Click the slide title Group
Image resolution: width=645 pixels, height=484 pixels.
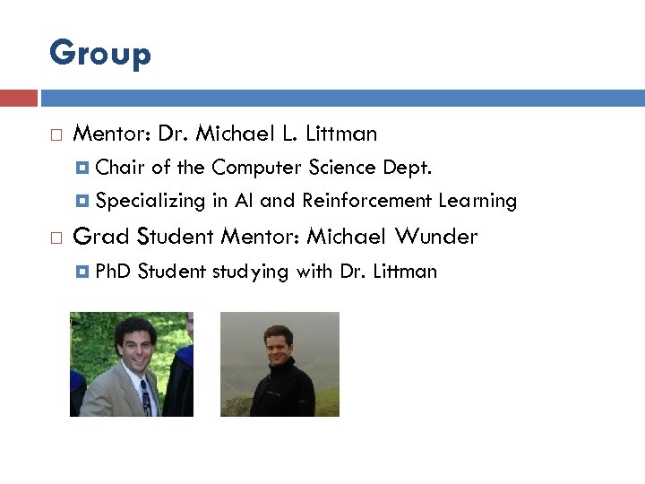[100, 54]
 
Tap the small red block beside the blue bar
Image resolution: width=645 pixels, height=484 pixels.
[18, 98]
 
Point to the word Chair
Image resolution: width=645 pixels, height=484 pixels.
[121, 168]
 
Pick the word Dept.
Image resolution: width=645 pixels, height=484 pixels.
[408, 168]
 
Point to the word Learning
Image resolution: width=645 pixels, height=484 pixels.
[477, 201]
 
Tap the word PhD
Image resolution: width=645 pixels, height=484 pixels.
[114, 271]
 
